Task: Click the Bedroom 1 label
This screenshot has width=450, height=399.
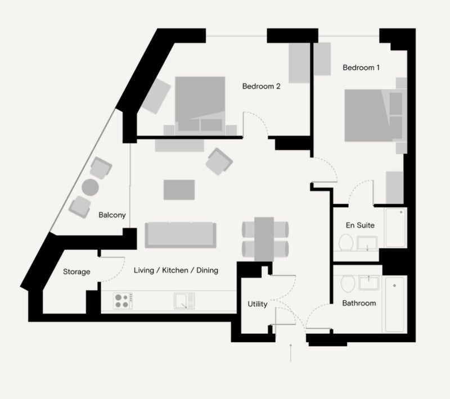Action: tap(361, 67)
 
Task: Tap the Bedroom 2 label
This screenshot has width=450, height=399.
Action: tap(261, 87)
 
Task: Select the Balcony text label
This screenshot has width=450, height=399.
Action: tap(112, 215)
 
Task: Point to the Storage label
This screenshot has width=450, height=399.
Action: tap(76, 272)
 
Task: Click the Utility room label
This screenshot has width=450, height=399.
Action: tap(258, 304)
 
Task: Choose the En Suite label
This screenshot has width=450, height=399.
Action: tap(360, 225)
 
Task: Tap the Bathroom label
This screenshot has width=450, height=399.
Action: tap(359, 303)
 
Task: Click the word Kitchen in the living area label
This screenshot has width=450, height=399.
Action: tap(175, 270)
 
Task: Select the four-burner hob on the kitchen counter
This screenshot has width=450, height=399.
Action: tap(122, 301)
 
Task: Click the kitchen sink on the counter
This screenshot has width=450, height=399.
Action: tap(184, 301)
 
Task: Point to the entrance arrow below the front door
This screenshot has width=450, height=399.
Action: tap(290, 352)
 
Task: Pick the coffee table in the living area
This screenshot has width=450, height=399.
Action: tap(179, 189)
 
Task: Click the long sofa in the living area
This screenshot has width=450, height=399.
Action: tap(180, 235)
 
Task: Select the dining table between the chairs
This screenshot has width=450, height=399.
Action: tap(264, 238)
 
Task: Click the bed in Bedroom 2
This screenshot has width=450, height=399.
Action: tap(200, 104)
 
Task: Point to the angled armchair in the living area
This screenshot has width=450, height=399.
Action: tap(219, 161)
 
